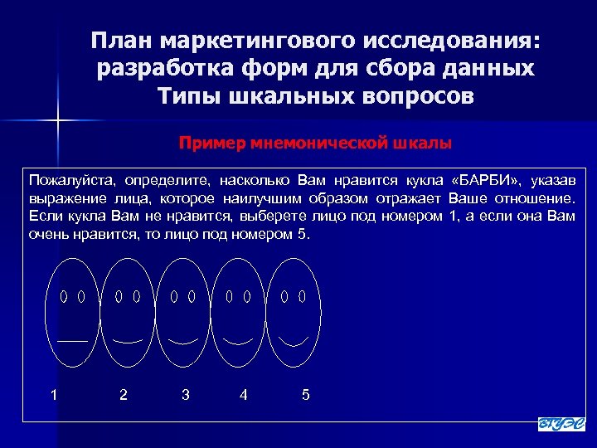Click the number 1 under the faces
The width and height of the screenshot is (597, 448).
tap(54, 395)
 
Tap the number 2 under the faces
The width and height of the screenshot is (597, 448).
tap(124, 395)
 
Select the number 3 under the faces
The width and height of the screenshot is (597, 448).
tap(185, 395)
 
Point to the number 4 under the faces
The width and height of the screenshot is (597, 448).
tap(243, 395)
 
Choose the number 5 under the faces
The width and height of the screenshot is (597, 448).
tap(306, 395)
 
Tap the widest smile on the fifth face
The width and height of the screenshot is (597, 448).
tap(293, 341)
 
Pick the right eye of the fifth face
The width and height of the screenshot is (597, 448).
tap(303, 295)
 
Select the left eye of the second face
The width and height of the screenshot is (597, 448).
tap(119, 295)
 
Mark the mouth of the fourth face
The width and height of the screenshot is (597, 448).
tap(238, 341)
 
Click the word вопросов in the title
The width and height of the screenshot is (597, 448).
tap(412, 95)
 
